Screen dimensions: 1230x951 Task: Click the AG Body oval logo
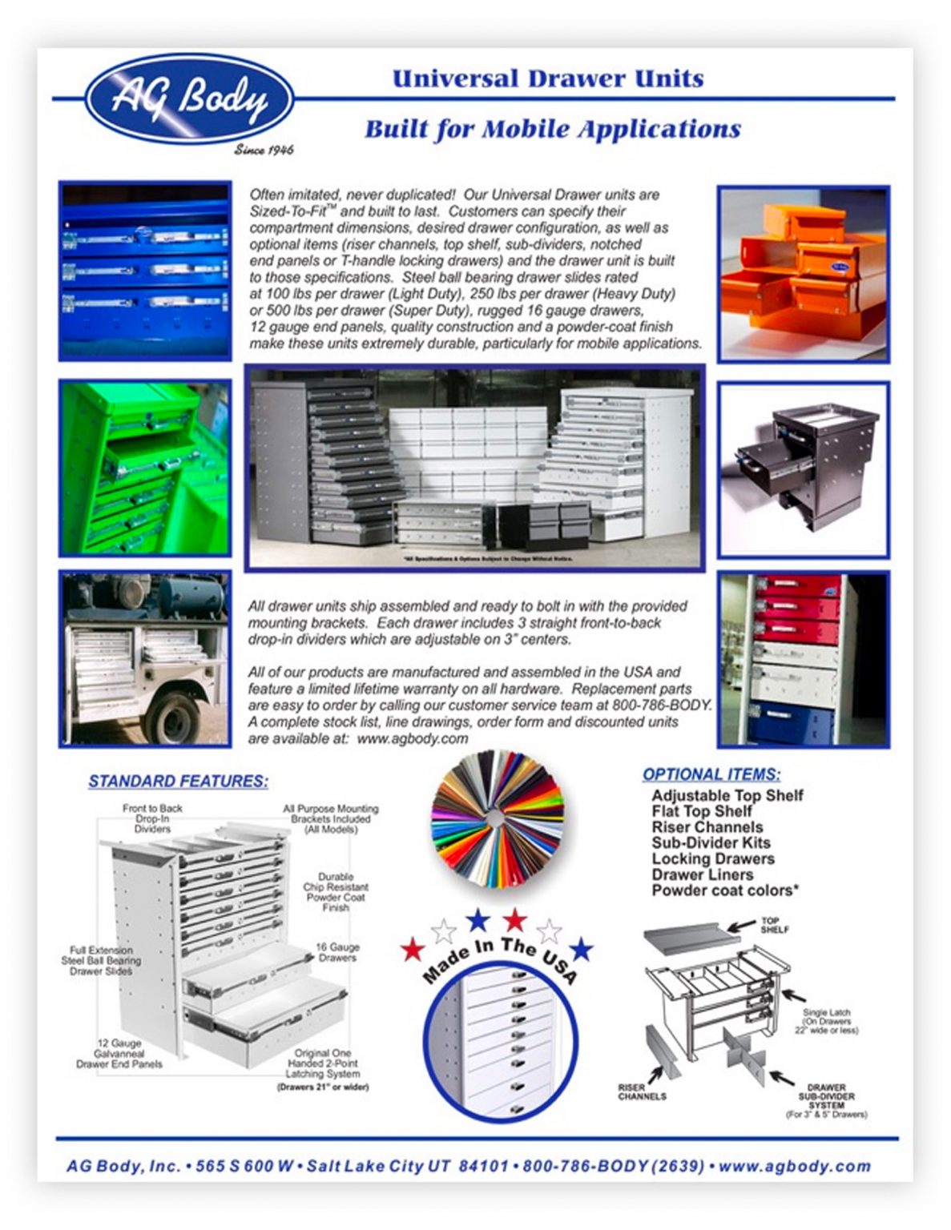189,99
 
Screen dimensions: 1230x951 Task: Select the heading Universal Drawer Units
548,78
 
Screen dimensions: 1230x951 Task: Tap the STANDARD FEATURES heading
178,781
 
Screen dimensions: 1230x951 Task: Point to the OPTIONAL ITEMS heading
711,774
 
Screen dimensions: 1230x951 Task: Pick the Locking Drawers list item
712,858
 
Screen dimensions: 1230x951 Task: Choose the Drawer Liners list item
702,874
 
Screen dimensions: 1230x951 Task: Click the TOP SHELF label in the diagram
774,925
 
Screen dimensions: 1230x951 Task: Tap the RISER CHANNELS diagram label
642,1091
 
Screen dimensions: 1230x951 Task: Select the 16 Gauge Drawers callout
337,952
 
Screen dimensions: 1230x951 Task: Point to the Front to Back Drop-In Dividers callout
152,818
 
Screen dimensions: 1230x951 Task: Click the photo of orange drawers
803,274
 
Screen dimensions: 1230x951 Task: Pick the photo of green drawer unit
145,468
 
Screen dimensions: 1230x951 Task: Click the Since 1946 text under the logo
264,150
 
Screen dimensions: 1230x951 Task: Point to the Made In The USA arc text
498,958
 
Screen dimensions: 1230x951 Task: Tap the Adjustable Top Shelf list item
727,795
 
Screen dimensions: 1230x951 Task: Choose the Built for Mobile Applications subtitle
552,129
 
